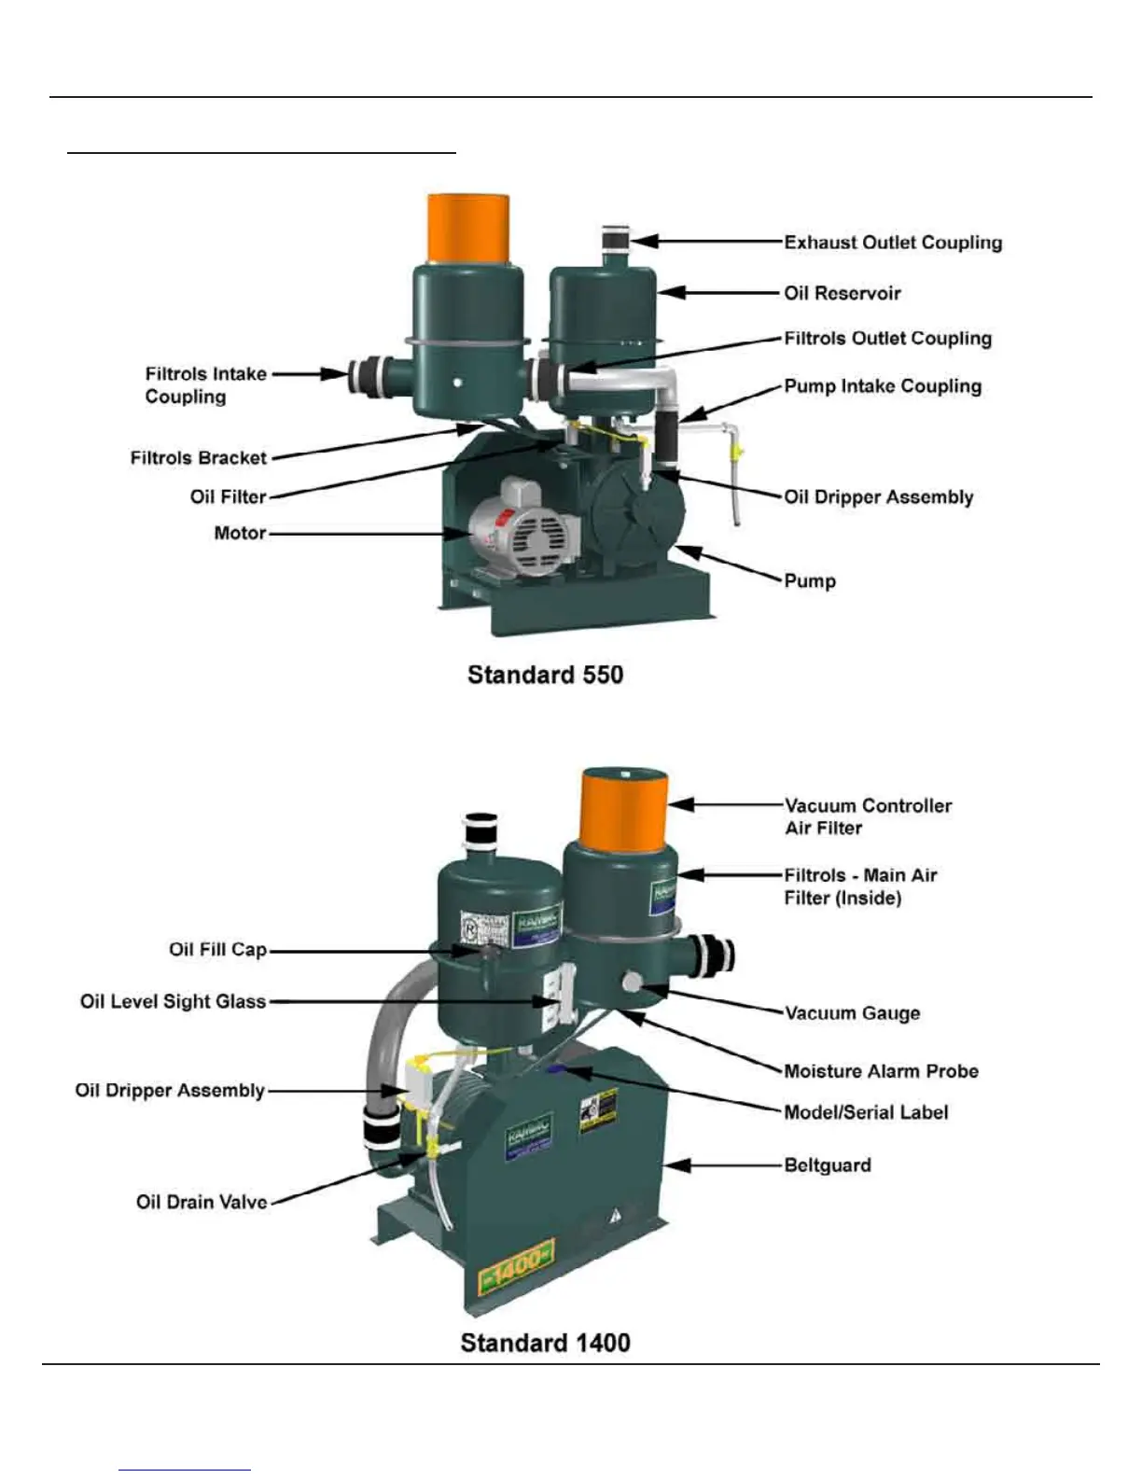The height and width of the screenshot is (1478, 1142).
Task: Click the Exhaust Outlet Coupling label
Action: pyautogui.click(x=892, y=243)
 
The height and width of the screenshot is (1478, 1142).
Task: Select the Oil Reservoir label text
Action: pyautogui.click(x=842, y=293)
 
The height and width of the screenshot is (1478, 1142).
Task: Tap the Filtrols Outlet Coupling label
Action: pyautogui.click(x=887, y=339)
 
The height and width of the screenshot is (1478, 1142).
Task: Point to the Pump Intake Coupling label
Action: pyautogui.click(x=882, y=386)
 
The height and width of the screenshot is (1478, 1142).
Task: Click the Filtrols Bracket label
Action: pyautogui.click(x=198, y=458)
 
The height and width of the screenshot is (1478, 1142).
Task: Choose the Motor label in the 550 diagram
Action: pyautogui.click(x=240, y=534)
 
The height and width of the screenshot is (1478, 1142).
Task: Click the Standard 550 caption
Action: pyautogui.click(x=545, y=675)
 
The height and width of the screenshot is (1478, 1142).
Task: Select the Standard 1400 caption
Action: pyautogui.click(x=545, y=1343)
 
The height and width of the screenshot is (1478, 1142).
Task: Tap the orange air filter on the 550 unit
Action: pyautogui.click(x=467, y=228)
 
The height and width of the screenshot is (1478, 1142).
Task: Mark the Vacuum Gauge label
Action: pyautogui.click(x=852, y=1013)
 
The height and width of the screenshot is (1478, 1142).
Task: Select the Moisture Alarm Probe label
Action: pyautogui.click(x=881, y=1071)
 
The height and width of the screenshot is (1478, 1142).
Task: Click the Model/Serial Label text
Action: pyautogui.click(x=866, y=1112)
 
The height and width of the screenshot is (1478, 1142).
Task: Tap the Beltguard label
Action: pyautogui.click(x=828, y=1165)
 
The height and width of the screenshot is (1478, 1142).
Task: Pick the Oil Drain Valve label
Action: pyautogui.click(x=202, y=1202)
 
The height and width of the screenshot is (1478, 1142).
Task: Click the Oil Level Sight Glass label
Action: pyautogui.click(x=173, y=1002)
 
